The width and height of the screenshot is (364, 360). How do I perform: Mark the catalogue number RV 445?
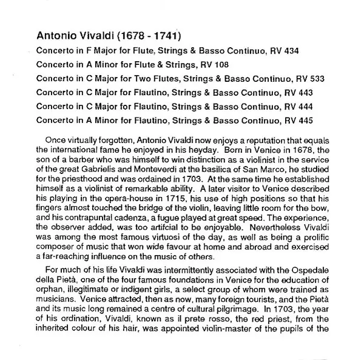pyautogui.click(x=289, y=121)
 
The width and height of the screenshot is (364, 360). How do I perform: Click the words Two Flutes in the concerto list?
pyautogui.click(x=152, y=79)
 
